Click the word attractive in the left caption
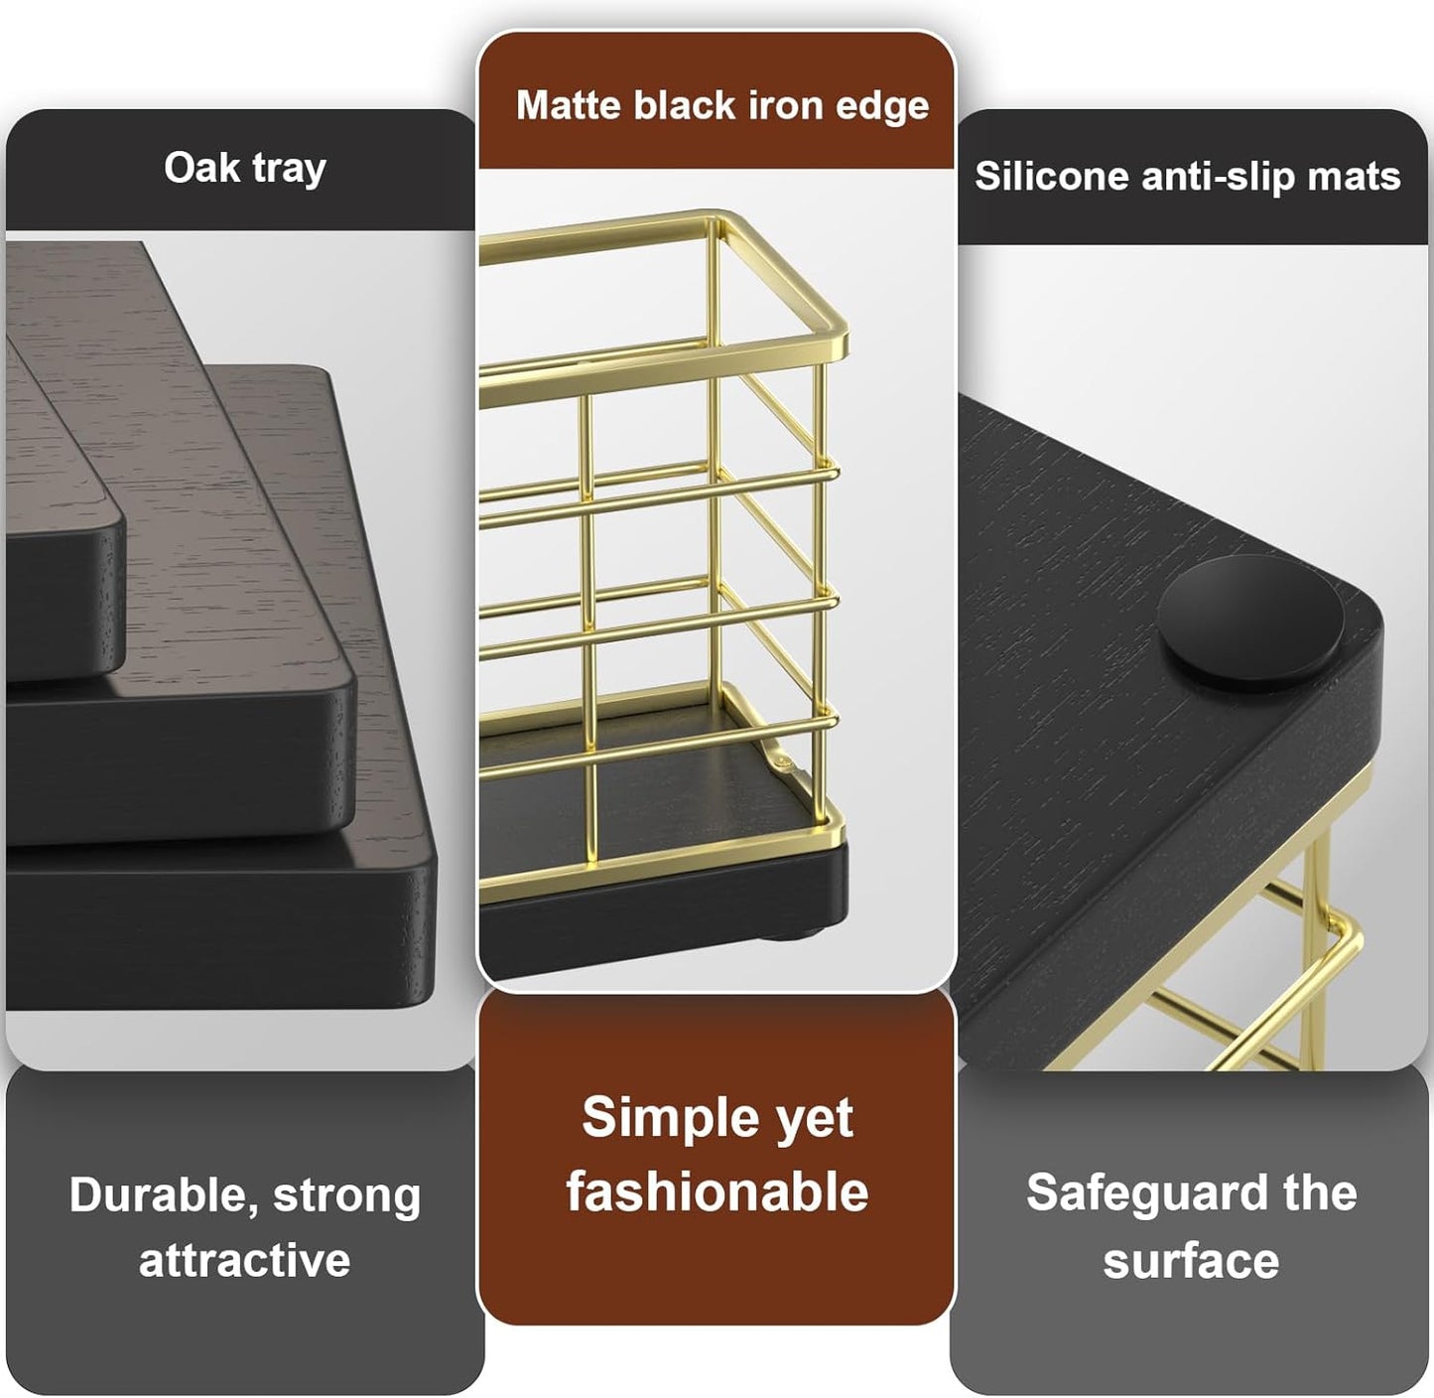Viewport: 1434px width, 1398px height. (x=244, y=1260)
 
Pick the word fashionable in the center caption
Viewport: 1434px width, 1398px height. (x=717, y=1190)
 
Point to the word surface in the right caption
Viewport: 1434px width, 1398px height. (x=1190, y=1260)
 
